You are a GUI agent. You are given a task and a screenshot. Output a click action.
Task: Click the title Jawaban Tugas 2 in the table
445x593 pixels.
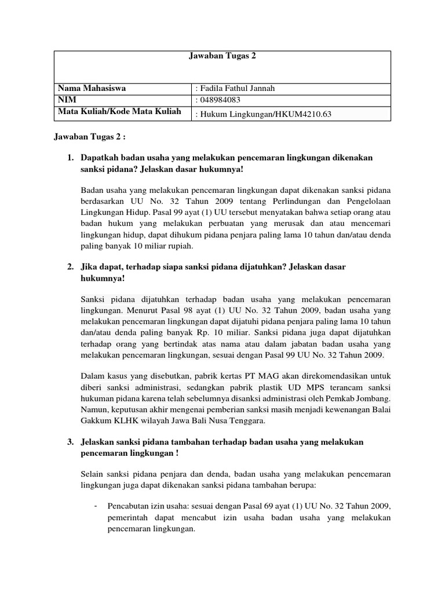pos(222,56)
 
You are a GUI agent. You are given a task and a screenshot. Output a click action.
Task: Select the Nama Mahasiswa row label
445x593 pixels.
pos(91,89)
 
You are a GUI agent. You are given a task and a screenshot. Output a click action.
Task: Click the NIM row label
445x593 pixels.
pos(66,100)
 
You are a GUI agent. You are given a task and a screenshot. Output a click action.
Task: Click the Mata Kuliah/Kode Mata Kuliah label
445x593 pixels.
pos(119,111)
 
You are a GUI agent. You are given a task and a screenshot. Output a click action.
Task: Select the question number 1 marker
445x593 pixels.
pos(70,158)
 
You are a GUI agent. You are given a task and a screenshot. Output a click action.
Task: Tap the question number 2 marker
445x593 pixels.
pos(70,266)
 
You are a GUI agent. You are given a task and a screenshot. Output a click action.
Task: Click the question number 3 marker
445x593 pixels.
pos(70,442)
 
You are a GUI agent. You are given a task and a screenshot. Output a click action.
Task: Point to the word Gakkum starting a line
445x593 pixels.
pos(95,421)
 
